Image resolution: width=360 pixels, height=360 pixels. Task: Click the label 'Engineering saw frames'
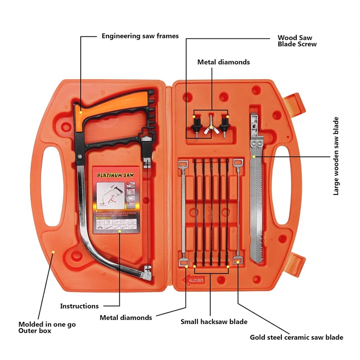coord(140,36)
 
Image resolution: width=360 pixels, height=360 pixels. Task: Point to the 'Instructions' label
coord(79,306)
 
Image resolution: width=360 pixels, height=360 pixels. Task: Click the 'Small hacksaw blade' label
coord(213,322)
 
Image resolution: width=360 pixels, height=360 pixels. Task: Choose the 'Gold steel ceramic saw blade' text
coord(296,337)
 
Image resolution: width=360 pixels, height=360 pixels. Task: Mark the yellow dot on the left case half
coord(53,251)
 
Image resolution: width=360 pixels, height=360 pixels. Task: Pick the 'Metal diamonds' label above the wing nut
coord(224,62)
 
